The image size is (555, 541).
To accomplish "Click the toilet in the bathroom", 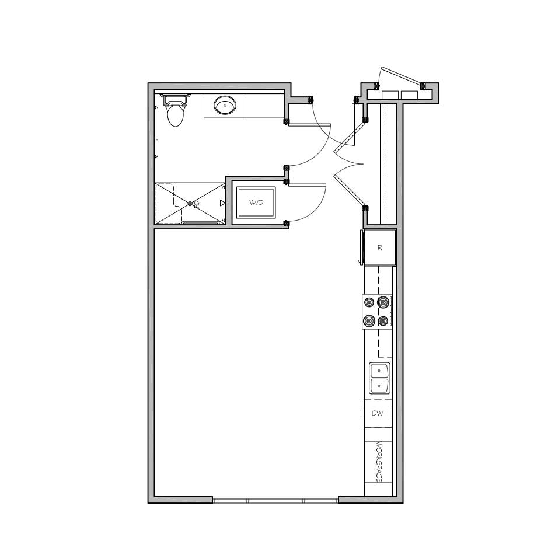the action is coord(175,110).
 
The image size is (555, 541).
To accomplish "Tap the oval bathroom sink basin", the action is coord(225,105).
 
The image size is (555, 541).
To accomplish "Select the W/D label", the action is coord(256,203).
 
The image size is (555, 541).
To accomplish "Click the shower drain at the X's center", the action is coord(190,204).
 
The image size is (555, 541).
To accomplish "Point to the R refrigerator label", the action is coord(380,247).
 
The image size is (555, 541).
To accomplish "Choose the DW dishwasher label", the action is coord(378,413).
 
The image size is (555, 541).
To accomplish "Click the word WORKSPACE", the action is coord(378,462).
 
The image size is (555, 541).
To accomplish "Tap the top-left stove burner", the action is coord(369,303).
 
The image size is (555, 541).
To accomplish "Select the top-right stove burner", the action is coord(383,302).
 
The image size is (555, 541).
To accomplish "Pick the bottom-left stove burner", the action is coord(369,321).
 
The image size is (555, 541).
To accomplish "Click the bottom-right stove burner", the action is coord(383,321).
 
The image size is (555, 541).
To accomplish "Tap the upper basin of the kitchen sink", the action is coord(379,371).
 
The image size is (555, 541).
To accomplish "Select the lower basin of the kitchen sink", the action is coord(379,385).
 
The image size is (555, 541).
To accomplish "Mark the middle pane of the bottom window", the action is coord(275,501).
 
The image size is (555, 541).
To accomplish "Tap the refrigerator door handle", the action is coord(361,247).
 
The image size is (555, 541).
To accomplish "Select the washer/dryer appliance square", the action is coord(256,203).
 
